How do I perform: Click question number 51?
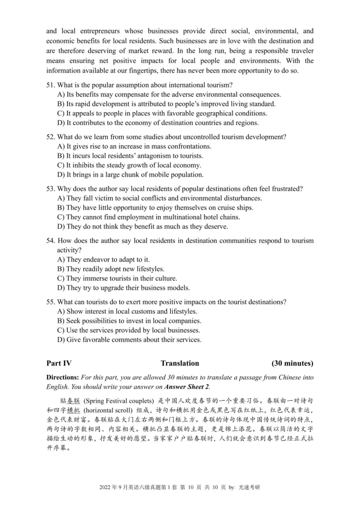(50, 85)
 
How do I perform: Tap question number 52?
(50, 137)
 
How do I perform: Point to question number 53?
(50, 188)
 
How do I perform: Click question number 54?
(50, 241)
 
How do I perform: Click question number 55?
(50, 302)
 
